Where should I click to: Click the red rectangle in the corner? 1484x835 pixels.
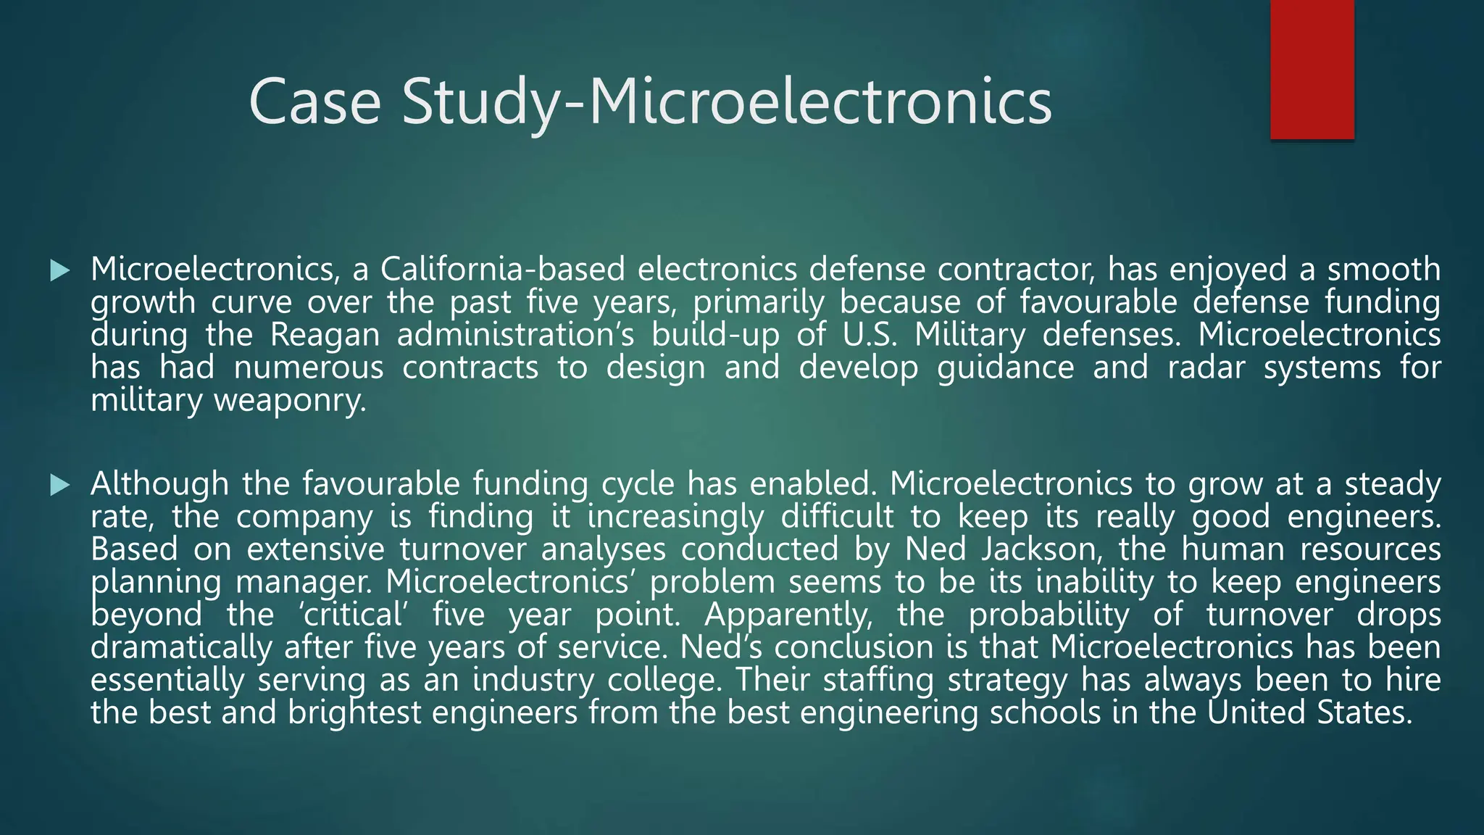pos(1312,69)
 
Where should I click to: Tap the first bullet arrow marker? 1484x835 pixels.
pos(60,271)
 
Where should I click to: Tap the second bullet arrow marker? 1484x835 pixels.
pos(60,485)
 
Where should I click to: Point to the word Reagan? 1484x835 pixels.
pos(325,335)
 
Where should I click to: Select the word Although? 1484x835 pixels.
pos(159,483)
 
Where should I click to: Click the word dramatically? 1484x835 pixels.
pos(180,647)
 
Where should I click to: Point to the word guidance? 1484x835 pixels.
pos(1005,367)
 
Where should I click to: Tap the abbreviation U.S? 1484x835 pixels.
pos(870,335)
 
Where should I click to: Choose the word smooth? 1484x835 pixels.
pos(1384,270)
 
